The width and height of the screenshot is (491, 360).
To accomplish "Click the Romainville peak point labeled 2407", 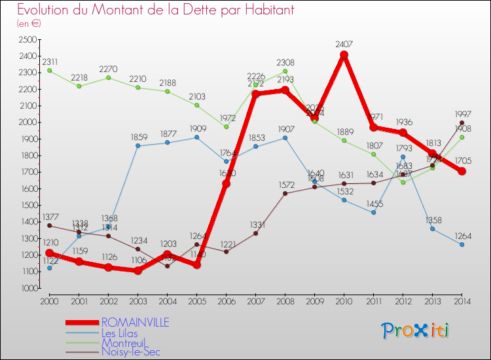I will [x=344, y=55].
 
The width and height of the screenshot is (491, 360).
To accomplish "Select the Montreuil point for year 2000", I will [x=49, y=71].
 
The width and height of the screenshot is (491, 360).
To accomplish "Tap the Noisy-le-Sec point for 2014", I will [x=462, y=122].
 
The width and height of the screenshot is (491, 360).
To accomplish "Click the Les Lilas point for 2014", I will [x=462, y=244].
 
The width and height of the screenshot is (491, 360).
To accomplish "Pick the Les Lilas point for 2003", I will [x=137, y=145].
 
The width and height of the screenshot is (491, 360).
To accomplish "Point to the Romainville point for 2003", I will [x=137, y=270].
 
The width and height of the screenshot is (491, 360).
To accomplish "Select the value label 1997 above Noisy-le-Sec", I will [x=462, y=113].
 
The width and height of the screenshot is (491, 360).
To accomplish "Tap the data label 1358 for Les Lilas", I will [x=433, y=219].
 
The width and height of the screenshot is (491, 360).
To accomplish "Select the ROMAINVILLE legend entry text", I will [x=135, y=322].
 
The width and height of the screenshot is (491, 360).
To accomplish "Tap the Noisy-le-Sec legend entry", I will [x=130, y=352].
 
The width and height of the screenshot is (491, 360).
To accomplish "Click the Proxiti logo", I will [x=415, y=331].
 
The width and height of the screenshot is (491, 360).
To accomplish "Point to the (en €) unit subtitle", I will [x=29, y=24].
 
